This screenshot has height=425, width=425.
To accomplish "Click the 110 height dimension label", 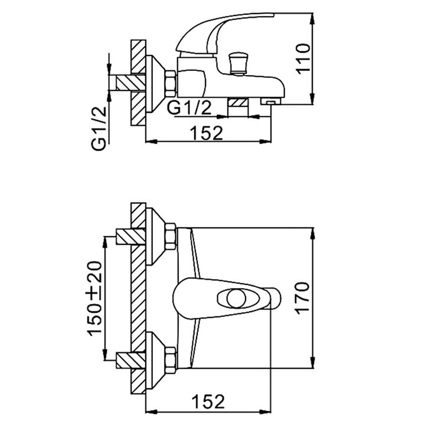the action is click(x=303, y=58).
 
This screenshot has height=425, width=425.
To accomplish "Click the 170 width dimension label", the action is click(x=303, y=298).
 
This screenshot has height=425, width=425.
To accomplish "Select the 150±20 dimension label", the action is click(x=95, y=299).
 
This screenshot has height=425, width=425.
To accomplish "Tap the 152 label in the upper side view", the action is click(x=207, y=133).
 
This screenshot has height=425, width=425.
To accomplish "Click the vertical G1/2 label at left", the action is click(x=99, y=129).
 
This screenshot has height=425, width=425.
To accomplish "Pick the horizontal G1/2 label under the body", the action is click(x=189, y=107).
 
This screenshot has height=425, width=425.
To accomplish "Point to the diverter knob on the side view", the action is click(x=238, y=63).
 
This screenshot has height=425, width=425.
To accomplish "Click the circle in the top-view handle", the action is click(x=236, y=299).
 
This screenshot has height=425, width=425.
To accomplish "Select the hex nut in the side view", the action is click(x=171, y=84).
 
